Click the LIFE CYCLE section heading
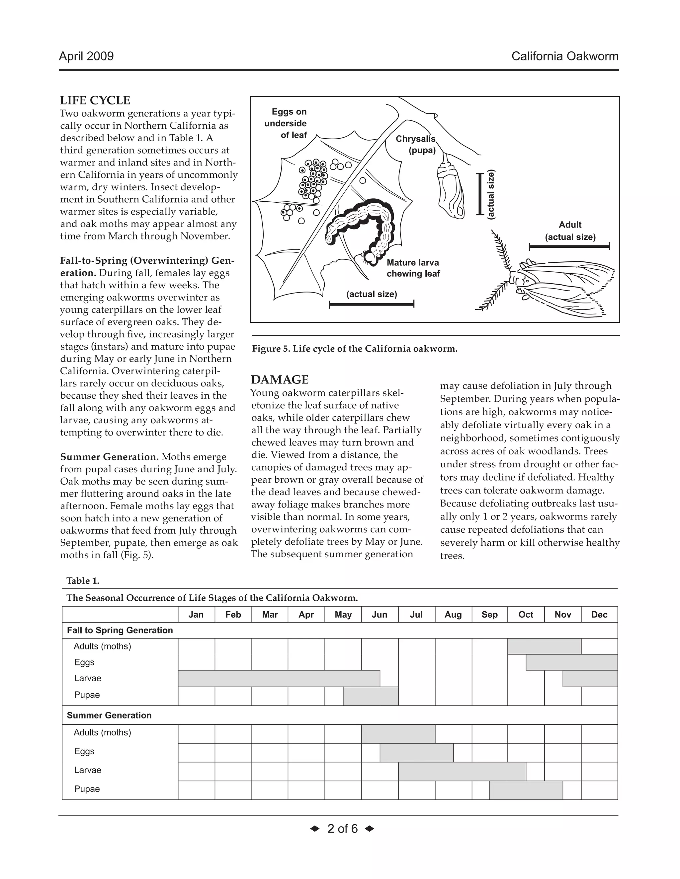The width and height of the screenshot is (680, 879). (x=95, y=100)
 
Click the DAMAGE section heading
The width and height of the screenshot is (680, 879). (x=280, y=379)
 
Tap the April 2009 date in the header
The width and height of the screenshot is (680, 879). (x=86, y=56)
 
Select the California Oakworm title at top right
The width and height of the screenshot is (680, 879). (x=565, y=56)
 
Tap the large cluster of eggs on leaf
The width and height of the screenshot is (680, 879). (x=313, y=179)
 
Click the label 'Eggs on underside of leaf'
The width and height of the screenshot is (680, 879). (x=287, y=123)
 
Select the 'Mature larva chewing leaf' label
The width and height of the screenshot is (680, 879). (x=413, y=268)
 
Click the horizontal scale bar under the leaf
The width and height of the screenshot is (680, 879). (x=372, y=304)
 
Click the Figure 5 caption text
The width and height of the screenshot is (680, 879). (x=355, y=349)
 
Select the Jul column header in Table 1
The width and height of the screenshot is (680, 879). (x=416, y=615)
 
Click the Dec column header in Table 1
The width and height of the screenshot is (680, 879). (x=599, y=615)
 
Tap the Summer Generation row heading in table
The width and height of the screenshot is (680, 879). (x=109, y=715)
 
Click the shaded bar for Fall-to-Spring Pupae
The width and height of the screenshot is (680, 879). (x=371, y=696)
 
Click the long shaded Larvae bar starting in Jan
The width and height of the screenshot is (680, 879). (x=279, y=679)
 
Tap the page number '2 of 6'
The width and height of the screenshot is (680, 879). (x=342, y=829)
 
